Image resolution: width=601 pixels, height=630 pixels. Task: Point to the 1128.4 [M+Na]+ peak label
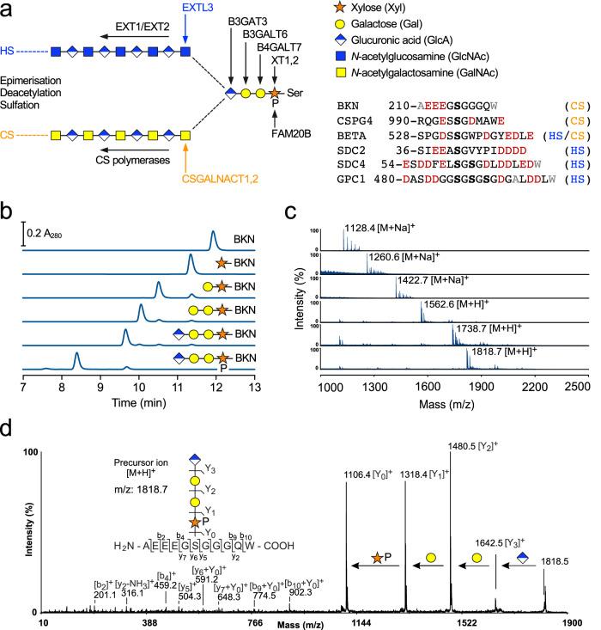coord(372,230)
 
